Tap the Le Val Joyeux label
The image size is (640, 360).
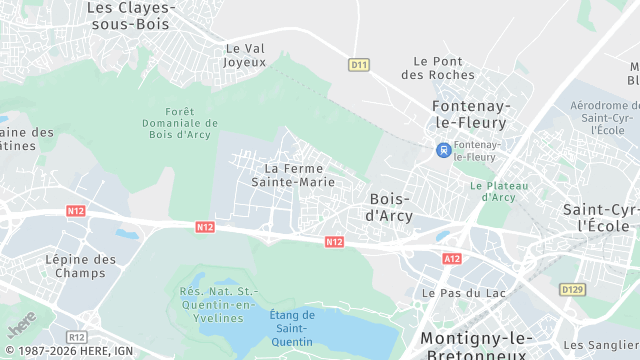[246, 54]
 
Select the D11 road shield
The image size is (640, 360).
[359, 65]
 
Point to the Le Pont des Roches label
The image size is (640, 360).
[438, 67]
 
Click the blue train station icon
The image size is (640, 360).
[442, 150]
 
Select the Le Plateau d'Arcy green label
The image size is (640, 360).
[493, 191]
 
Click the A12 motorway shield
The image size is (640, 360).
[452, 258]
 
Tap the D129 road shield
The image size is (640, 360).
[571, 289]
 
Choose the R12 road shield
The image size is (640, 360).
[76, 337]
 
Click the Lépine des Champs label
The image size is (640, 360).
[81, 266]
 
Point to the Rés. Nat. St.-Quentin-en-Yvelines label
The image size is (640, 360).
[217, 304]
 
